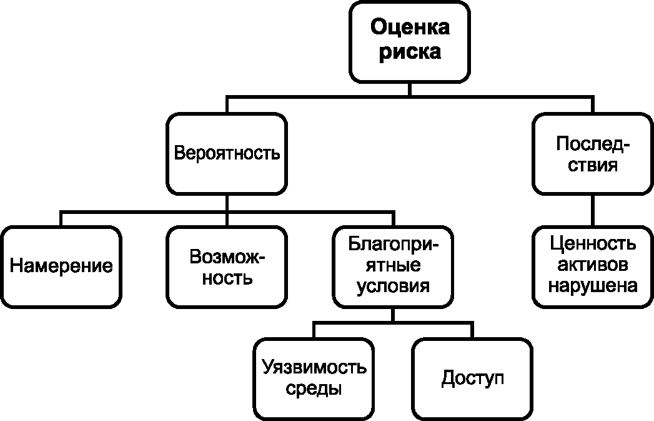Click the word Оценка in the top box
point(410,28)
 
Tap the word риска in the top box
point(410,53)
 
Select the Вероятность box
point(227,154)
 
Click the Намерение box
point(61,267)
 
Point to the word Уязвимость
point(314,367)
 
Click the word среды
point(314,389)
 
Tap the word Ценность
point(593,243)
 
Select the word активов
point(593,265)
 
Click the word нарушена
point(593,286)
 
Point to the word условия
point(393,287)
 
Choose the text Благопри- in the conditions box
point(393,244)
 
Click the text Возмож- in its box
point(227,256)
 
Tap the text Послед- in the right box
point(593,144)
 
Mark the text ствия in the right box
point(593,165)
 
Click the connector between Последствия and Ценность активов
point(593,210)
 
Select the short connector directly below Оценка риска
point(410,89)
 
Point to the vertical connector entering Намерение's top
point(61,219)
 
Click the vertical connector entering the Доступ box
point(473,330)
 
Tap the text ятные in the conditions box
point(393,265)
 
